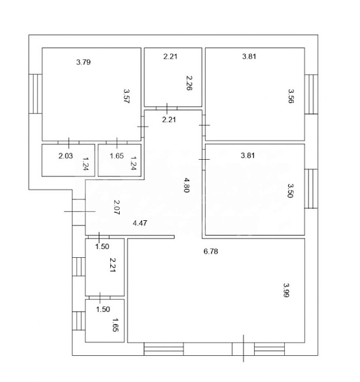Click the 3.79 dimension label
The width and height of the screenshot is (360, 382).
tap(83, 62)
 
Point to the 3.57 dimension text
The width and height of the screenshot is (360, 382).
tap(127, 96)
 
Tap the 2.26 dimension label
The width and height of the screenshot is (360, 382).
tap(189, 83)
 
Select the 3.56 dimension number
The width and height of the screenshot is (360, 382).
tap(291, 96)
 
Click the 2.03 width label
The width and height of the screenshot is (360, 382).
tap(66, 156)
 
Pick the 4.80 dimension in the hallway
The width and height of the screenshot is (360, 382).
tap(187, 185)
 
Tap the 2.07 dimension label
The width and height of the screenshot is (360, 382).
tap(117, 207)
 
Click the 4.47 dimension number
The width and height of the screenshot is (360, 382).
tap(140, 223)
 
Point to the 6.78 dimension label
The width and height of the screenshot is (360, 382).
tap(211, 251)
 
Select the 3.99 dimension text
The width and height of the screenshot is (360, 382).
tap(286, 290)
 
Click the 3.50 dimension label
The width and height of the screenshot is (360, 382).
tap(291, 190)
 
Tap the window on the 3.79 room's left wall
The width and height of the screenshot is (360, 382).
tap(35, 94)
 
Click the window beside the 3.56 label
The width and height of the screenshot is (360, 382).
tap(311, 94)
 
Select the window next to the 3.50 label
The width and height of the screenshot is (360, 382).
tap(311, 189)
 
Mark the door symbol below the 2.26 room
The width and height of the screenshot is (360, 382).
tap(167, 108)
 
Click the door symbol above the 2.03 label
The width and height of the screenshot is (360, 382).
tap(68, 143)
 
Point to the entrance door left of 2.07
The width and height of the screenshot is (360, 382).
tap(79, 211)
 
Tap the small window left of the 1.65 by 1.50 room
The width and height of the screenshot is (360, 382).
tap(79, 321)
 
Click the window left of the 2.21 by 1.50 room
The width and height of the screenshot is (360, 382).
tap(79, 267)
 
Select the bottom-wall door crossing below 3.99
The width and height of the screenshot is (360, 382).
tap(243, 349)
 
